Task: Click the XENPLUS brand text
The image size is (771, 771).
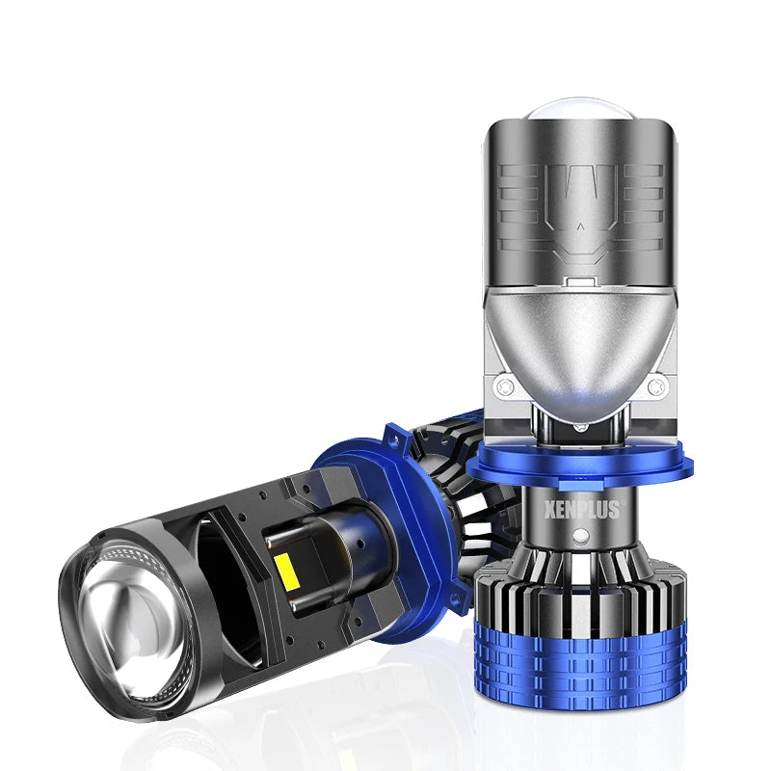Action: point(582,510)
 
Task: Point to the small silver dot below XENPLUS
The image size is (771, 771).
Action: point(581,535)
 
